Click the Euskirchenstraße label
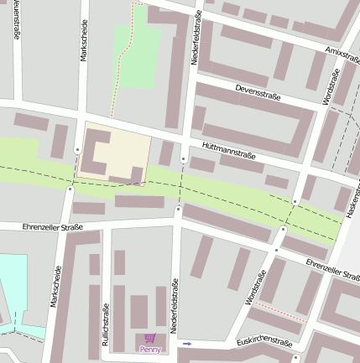(x=264, y=342)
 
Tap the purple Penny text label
(x=150, y=349)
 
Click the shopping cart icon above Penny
(x=150, y=339)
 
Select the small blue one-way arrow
(x=187, y=344)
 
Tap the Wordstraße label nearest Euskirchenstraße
(x=256, y=288)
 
